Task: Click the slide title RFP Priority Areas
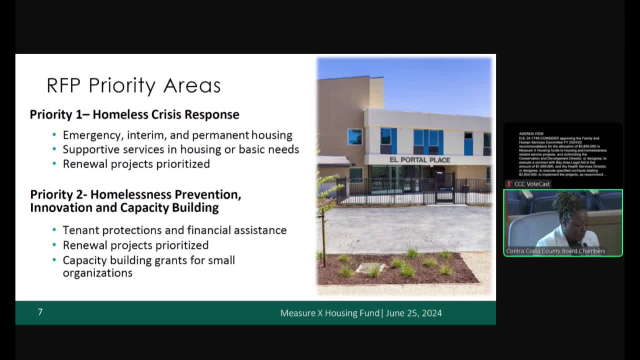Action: (x=133, y=85)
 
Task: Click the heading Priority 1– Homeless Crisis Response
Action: (x=134, y=114)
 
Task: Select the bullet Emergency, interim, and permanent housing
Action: (x=177, y=135)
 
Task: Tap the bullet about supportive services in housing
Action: (x=180, y=149)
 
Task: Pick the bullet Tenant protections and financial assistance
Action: (x=174, y=230)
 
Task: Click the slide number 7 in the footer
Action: (x=40, y=312)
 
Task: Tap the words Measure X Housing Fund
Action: (x=330, y=313)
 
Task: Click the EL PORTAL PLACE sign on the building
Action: (x=419, y=160)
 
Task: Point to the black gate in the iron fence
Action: (x=444, y=188)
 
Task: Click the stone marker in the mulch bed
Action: (x=370, y=267)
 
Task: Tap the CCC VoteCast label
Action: (x=532, y=184)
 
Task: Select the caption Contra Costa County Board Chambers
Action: (x=555, y=251)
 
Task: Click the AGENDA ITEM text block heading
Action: (x=531, y=134)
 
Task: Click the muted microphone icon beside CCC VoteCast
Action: (x=509, y=184)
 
